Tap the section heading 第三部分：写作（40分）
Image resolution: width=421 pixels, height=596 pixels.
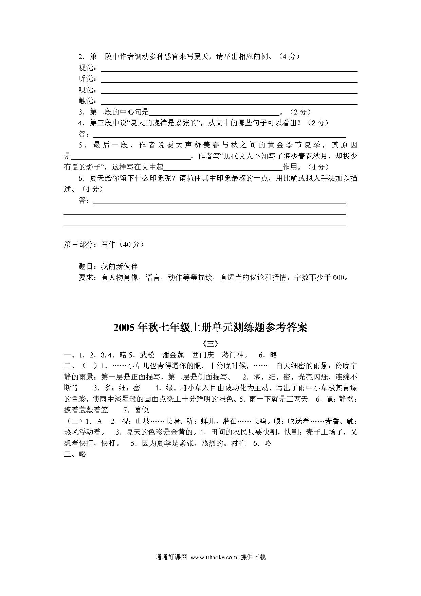click(104, 244)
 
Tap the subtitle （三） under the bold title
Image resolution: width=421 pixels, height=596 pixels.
click(210, 343)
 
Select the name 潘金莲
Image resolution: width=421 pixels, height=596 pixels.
click(173, 355)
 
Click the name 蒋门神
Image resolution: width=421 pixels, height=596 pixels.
click(232, 355)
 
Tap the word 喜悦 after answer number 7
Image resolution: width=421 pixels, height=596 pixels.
click(141, 410)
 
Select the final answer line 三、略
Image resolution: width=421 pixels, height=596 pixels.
click(75, 454)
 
